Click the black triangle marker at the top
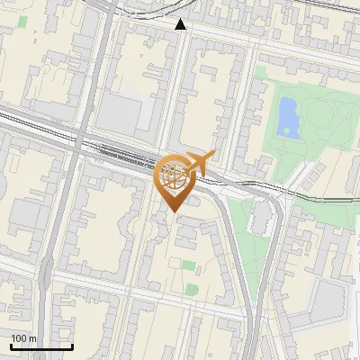(181, 24)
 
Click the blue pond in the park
(288, 117)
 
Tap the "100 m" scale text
(23, 338)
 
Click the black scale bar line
(41, 346)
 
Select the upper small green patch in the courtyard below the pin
(188, 265)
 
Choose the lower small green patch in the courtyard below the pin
(191, 290)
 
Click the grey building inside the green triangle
(261, 218)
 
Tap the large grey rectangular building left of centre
(120, 113)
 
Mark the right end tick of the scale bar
(73, 346)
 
